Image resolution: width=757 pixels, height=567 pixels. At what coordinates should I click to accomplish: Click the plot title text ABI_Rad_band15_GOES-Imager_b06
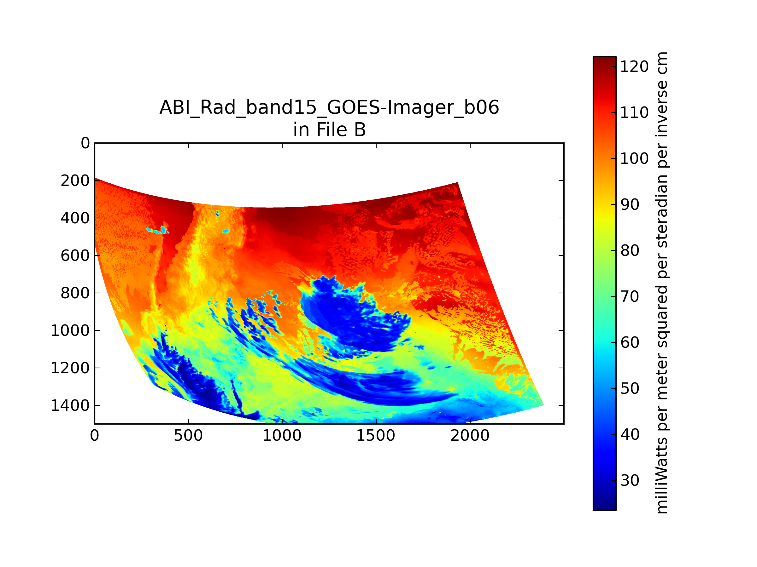[x=329, y=108]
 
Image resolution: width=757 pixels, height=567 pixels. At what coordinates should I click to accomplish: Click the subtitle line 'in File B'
[x=330, y=130]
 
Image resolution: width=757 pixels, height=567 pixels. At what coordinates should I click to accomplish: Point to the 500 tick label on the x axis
[x=188, y=436]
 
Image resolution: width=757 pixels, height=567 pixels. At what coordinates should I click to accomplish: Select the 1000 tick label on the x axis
[x=282, y=436]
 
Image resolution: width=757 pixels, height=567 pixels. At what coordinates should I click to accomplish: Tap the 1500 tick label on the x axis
[x=376, y=436]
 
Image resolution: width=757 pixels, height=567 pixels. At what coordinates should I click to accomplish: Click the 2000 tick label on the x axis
[x=470, y=436]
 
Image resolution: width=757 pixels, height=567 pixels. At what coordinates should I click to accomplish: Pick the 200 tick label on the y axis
[x=75, y=181]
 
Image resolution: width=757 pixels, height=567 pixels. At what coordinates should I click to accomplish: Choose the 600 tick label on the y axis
[x=75, y=256]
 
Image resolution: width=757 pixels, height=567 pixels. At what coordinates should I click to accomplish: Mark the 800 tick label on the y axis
[x=75, y=293]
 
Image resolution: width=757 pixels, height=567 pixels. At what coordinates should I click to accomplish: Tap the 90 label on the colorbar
[x=630, y=205]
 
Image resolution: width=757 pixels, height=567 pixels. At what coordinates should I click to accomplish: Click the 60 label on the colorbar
[x=630, y=342]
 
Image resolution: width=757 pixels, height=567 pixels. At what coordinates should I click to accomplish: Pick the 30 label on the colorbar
[x=630, y=480]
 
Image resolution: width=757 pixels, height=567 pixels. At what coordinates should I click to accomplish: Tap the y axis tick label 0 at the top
[x=85, y=143]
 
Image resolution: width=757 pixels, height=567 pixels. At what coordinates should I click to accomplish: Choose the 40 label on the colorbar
[x=630, y=434]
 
